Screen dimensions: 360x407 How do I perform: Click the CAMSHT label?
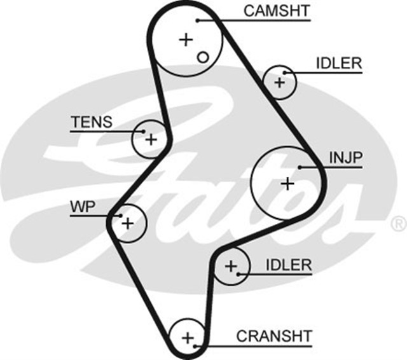(277, 10)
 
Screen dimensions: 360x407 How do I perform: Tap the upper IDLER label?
(338, 63)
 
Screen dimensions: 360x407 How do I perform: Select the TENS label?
(92, 121)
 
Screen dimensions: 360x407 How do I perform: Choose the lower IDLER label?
(289, 265)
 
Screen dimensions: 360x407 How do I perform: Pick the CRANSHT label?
(274, 335)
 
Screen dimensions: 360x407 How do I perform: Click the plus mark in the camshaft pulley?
(185, 40)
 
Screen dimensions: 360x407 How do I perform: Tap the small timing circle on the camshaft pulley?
(203, 57)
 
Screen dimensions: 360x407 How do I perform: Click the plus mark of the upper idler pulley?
(279, 82)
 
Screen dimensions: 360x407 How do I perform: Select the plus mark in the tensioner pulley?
(151, 138)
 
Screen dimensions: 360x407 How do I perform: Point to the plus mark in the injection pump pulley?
(287, 184)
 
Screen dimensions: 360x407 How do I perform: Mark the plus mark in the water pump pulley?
(127, 223)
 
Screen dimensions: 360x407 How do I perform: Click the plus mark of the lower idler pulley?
(230, 265)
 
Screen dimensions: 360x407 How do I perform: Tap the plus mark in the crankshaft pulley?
(188, 337)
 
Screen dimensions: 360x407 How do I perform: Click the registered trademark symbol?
(398, 223)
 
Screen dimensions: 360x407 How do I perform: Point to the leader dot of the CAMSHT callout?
(198, 20)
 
